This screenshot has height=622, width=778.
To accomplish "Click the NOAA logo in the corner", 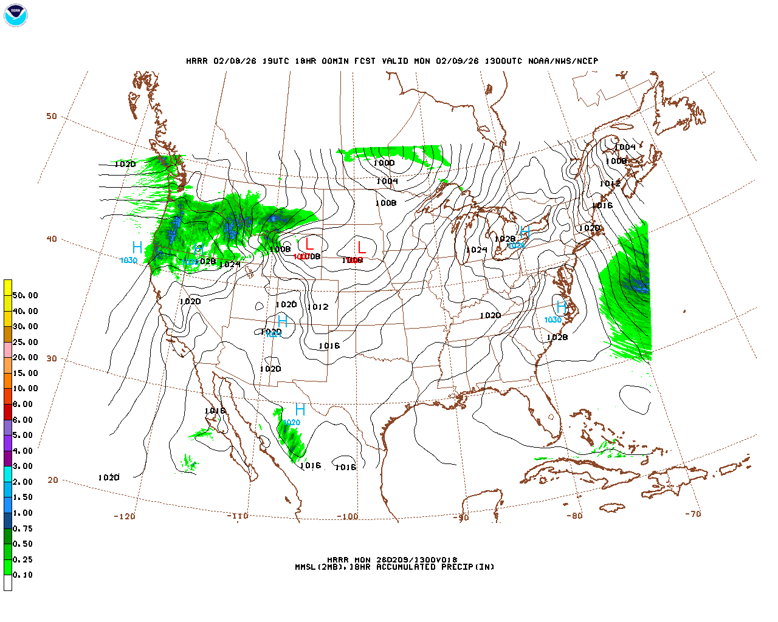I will pos(15,15).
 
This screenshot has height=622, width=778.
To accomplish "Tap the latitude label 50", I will pos(52,116).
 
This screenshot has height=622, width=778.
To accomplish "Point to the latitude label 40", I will pos(52,239).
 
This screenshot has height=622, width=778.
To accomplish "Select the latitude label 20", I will pos(53,480).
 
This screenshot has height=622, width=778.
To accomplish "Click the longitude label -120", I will pos(125,516).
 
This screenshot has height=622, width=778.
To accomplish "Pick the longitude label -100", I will pos(348,517).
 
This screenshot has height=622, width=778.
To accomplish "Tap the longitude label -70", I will pos(693,514).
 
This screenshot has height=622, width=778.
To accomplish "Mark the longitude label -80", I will pos(574,516).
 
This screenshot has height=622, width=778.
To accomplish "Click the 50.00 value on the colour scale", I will pos(25,295).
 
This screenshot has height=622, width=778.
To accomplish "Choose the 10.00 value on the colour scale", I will pos(25,388).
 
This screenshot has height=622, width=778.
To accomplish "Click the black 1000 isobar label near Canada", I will pos(384,163).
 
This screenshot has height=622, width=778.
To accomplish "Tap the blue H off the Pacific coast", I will pos(137,247).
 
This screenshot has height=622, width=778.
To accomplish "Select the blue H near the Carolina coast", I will pos(562,307).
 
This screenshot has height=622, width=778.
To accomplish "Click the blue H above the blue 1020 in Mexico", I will pos(300,409).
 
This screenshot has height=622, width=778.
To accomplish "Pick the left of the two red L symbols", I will pos(309,245).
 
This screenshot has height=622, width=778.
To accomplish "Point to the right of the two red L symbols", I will pos(362,247).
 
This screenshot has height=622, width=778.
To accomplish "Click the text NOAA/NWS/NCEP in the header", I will pos(563,61).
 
